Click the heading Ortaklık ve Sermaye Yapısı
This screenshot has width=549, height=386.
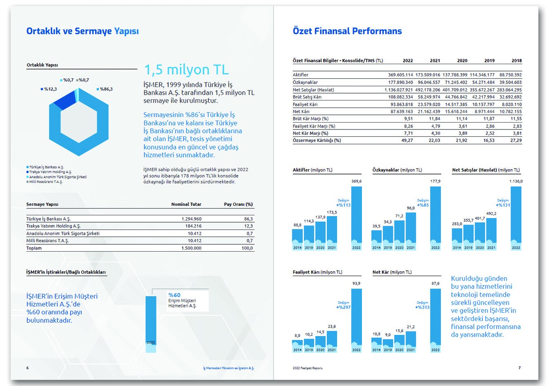[83, 31]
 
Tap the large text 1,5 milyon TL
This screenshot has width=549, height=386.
[186, 70]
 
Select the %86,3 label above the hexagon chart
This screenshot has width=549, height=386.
[106, 89]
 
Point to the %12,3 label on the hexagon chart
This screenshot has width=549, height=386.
[50, 89]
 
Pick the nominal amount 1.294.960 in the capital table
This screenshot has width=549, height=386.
[191, 219]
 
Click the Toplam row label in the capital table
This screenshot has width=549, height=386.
[34, 248]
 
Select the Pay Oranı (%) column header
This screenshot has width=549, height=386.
[238, 204]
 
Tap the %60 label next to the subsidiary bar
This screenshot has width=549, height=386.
[174, 295]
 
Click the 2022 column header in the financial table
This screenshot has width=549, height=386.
[408, 60]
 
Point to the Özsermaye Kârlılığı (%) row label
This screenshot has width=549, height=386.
[317, 141]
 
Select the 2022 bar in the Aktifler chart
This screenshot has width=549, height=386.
[356, 214]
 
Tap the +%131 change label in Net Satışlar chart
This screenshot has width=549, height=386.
[503, 205]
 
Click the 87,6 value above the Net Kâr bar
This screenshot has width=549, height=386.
[435, 283]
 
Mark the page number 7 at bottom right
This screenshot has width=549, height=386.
[520, 368]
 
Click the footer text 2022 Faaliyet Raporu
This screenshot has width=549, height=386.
[308, 368]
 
